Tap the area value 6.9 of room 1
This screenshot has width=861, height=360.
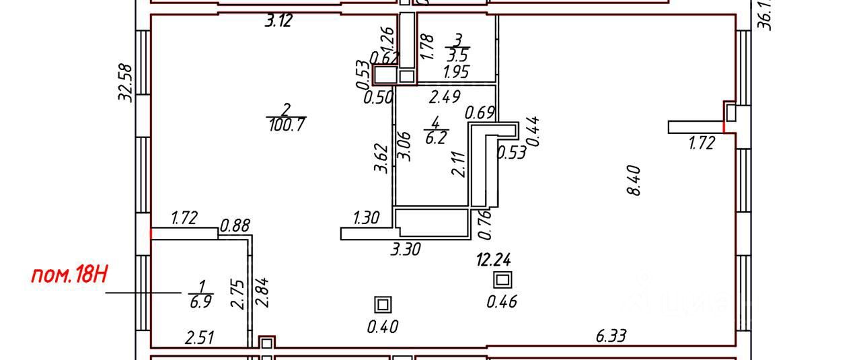pyautogui.click(x=200, y=301)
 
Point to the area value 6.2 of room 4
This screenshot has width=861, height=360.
pyautogui.click(x=435, y=139)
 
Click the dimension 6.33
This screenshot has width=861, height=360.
pyautogui.click(x=609, y=335)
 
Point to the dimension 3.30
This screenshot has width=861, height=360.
pyautogui.click(x=406, y=249)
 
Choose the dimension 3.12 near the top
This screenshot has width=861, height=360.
pyautogui.click(x=278, y=21)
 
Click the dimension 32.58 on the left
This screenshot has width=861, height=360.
pyautogui.click(x=125, y=82)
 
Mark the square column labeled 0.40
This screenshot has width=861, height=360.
pyautogui.click(x=383, y=305)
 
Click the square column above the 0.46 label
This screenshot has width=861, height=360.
pyautogui.click(x=502, y=280)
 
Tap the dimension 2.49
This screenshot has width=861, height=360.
pyautogui.click(x=445, y=97)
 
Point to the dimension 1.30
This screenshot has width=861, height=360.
pyautogui.click(x=367, y=217)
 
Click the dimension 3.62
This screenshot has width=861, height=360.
pyautogui.click(x=382, y=157)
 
